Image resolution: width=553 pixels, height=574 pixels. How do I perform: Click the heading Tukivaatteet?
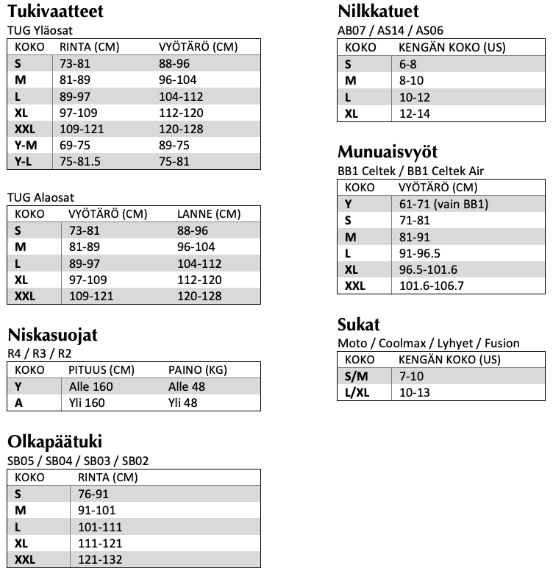(54, 13)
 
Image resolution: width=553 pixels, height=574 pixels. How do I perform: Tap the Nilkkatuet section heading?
(378, 13)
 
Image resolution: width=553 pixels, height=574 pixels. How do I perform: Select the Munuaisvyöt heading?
(388, 152)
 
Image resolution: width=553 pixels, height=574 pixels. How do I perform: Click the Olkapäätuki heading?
(54, 442)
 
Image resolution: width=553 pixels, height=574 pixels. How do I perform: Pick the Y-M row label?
(26, 145)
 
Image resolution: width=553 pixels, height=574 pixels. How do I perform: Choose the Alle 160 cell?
(90, 386)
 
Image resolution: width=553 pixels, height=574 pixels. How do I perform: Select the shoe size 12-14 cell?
(414, 113)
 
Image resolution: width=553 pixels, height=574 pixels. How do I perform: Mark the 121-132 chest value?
(96, 559)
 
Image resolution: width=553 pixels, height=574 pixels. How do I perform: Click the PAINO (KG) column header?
(196, 369)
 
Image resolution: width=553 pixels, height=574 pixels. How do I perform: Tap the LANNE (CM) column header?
(209, 214)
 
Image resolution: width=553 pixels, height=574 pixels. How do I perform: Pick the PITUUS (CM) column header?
(101, 369)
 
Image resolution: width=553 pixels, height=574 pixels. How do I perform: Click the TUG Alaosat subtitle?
(40, 197)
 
